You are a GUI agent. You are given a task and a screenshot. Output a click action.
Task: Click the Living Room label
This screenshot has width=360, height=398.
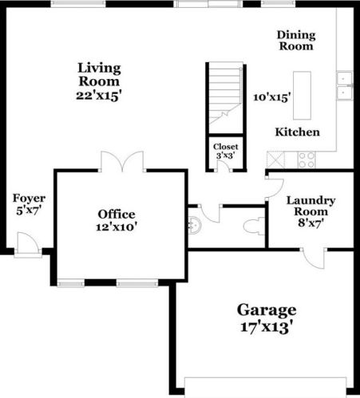pyautogui.click(x=99, y=74)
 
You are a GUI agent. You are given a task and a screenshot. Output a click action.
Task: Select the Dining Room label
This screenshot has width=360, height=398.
pyautogui.click(x=296, y=41)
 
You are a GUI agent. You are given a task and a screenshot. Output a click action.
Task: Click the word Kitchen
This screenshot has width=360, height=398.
pyautogui.click(x=298, y=132)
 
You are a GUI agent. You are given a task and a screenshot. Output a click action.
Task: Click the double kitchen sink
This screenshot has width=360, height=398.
pyautogui.click(x=346, y=85)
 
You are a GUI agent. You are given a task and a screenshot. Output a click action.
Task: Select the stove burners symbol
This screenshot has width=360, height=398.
pyautogui.click(x=307, y=159)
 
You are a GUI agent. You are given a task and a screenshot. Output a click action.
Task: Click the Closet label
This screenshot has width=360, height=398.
pyautogui.click(x=224, y=148)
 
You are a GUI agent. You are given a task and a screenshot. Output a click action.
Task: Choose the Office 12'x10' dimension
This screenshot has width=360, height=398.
pyautogui.click(x=117, y=227)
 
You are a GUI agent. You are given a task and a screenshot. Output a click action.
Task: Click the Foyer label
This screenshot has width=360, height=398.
pyautogui.click(x=29, y=199)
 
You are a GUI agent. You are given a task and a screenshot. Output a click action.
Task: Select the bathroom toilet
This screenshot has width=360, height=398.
pyautogui.click(x=254, y=223)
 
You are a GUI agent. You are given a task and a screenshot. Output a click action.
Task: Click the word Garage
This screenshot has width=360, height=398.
pyautogui.click(x=267, y=309)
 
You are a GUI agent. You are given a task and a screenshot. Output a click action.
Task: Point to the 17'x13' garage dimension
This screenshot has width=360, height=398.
pyautogui.click(x=267, y=327)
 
